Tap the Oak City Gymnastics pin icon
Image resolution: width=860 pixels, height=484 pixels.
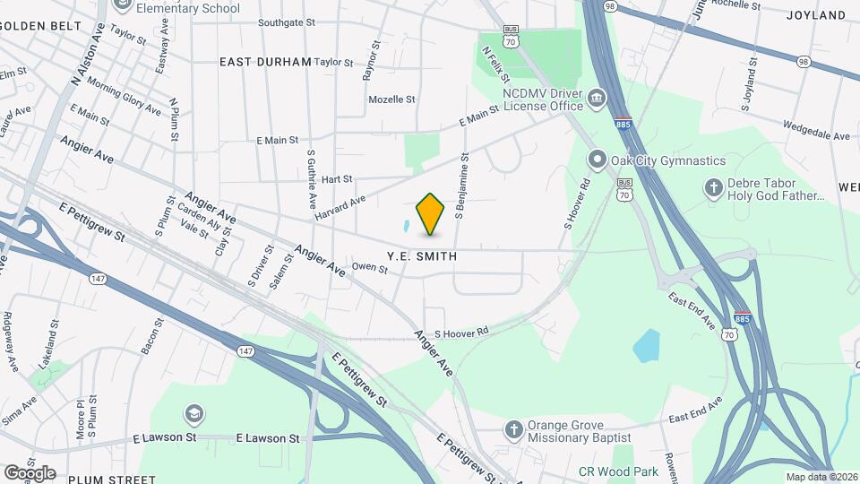[x=598, y=160]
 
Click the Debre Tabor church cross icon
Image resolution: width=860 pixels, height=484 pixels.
[x=713, y=187]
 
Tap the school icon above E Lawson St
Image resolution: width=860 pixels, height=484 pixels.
[x=193, y=413]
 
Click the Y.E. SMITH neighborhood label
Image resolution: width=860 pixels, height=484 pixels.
[x=422, y=256]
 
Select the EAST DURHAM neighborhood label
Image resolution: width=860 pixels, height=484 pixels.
[x=265, y=62]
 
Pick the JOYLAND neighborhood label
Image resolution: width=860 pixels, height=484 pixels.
[x=816, y=15]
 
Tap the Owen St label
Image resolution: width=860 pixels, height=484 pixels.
[x=369, y=267]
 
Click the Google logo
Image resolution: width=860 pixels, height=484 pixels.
[x=30, y=472]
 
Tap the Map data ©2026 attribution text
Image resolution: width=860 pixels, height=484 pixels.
[x=820, y=477]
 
